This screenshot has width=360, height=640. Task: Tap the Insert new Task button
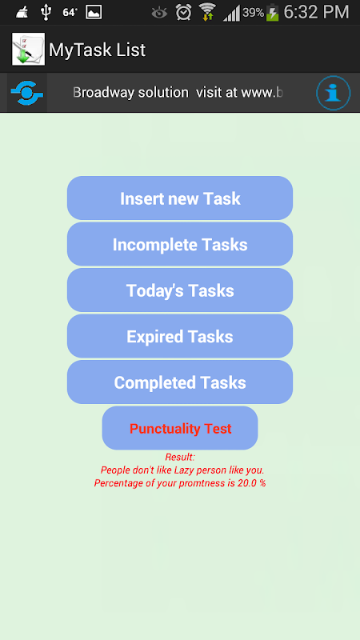click(x=180, y=198)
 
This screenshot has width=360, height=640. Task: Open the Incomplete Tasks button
click(x=180, y=244)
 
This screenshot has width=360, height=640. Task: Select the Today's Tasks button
click(x=180, y=290)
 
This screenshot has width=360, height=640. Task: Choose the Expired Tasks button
click(x=180, y=336)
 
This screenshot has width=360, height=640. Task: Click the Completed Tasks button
click(x=180, y=382)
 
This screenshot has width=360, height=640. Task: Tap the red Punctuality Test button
click(x=180, y=428)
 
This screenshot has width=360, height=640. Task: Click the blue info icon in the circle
click(x=333, y=93)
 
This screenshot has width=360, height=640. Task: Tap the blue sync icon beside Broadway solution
click(x=27, y=93)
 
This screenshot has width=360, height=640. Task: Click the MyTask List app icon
click(x=28, y=49)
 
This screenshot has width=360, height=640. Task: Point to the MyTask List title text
click(x=97, y=50)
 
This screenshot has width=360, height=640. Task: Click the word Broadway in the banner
click(x=104, y=93)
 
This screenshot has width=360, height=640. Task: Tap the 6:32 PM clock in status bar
click(x=316, y=12)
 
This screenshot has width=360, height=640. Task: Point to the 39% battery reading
click(x=253, y=13)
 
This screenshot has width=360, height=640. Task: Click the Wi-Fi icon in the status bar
click(x=207, y=12)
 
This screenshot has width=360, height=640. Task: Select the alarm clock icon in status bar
click(x=184, y=12)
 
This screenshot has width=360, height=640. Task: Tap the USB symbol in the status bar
click(x=46, y=12)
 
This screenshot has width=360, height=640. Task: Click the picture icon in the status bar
click(x=94, y=12)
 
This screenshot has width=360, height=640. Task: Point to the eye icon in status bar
click(x=159, y=13)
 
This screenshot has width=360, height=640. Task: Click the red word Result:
click(x=180, y=457)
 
